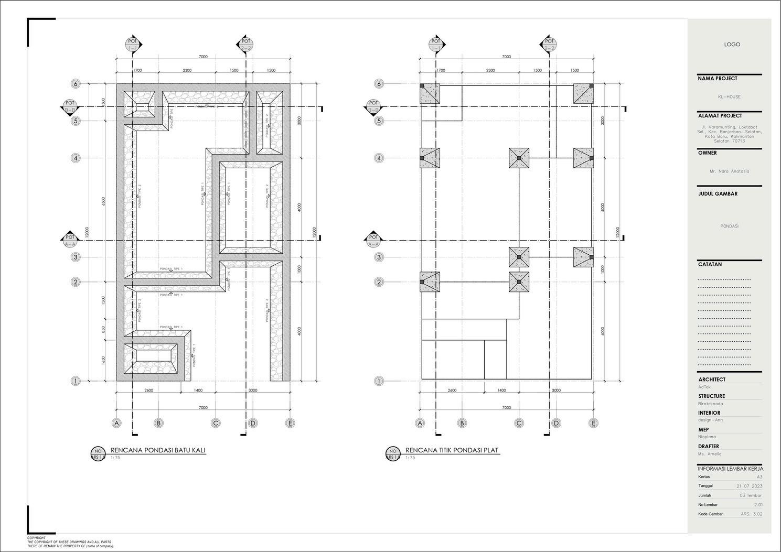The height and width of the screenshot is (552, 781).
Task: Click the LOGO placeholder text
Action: pos(732,45)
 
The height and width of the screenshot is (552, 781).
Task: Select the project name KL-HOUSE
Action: pos(729,97)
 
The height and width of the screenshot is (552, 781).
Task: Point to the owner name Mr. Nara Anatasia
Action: pos(729,171)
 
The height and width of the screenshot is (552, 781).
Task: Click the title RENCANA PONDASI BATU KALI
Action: pos(158,450)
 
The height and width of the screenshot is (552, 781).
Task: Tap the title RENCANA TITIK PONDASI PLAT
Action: pos(452,450)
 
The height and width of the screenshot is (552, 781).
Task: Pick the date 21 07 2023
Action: pos(749,486)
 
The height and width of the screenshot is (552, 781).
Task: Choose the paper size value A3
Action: pos(759,477)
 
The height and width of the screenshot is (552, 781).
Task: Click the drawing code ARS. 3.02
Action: pos(752,514)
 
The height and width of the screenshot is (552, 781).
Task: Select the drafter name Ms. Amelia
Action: pos(710,454)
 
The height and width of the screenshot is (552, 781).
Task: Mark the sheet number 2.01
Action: pos(758,505)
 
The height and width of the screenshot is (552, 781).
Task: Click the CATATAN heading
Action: pos(710,265)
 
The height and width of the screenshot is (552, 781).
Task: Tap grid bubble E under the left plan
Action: pos(290,423)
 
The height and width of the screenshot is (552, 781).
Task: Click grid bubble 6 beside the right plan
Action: pos(379,84)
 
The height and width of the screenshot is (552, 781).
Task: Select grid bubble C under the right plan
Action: pos(519,423)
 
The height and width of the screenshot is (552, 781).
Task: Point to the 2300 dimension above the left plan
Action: pos(187,70)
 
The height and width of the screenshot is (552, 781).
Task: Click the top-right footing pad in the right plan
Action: pos(583,93)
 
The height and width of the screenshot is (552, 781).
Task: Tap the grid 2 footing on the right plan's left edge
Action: pos(430,282)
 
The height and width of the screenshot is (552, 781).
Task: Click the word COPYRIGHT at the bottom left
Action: pos(36,538)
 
